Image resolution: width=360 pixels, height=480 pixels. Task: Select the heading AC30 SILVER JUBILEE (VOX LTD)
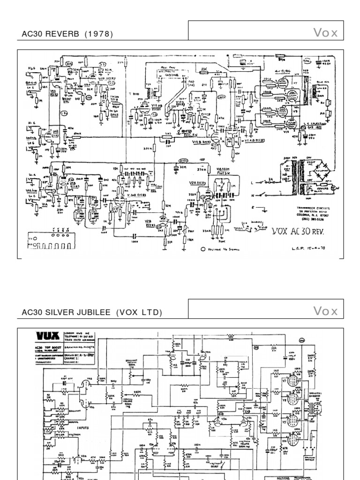[x=92, y=312]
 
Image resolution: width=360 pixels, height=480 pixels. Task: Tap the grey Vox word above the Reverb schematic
[x=325, y=33]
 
